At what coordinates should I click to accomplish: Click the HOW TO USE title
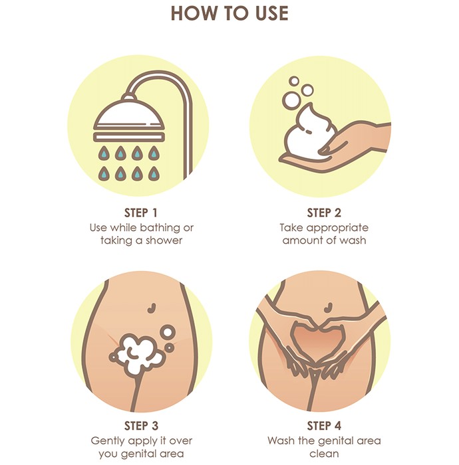tap(230, 14)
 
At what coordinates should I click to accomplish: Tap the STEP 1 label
tap(141, 213)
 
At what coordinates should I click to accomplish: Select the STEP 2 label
tap(324, 213)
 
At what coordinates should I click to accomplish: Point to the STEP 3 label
tap(141, 426)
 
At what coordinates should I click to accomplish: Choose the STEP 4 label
tap(324, 426)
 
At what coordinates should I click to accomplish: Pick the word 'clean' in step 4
tap(324, 454)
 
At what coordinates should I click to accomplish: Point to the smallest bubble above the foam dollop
tap(294, 80)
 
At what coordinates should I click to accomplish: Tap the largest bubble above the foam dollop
tap(291, 100)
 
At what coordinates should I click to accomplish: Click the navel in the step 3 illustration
tap(152, 308)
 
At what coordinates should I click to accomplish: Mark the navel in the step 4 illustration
tap(328, 308)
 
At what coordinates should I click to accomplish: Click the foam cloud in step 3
tap(136, 353)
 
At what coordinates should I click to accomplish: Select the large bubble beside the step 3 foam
tap(168, 332)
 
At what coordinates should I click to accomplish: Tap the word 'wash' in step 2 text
tap(353, 240)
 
